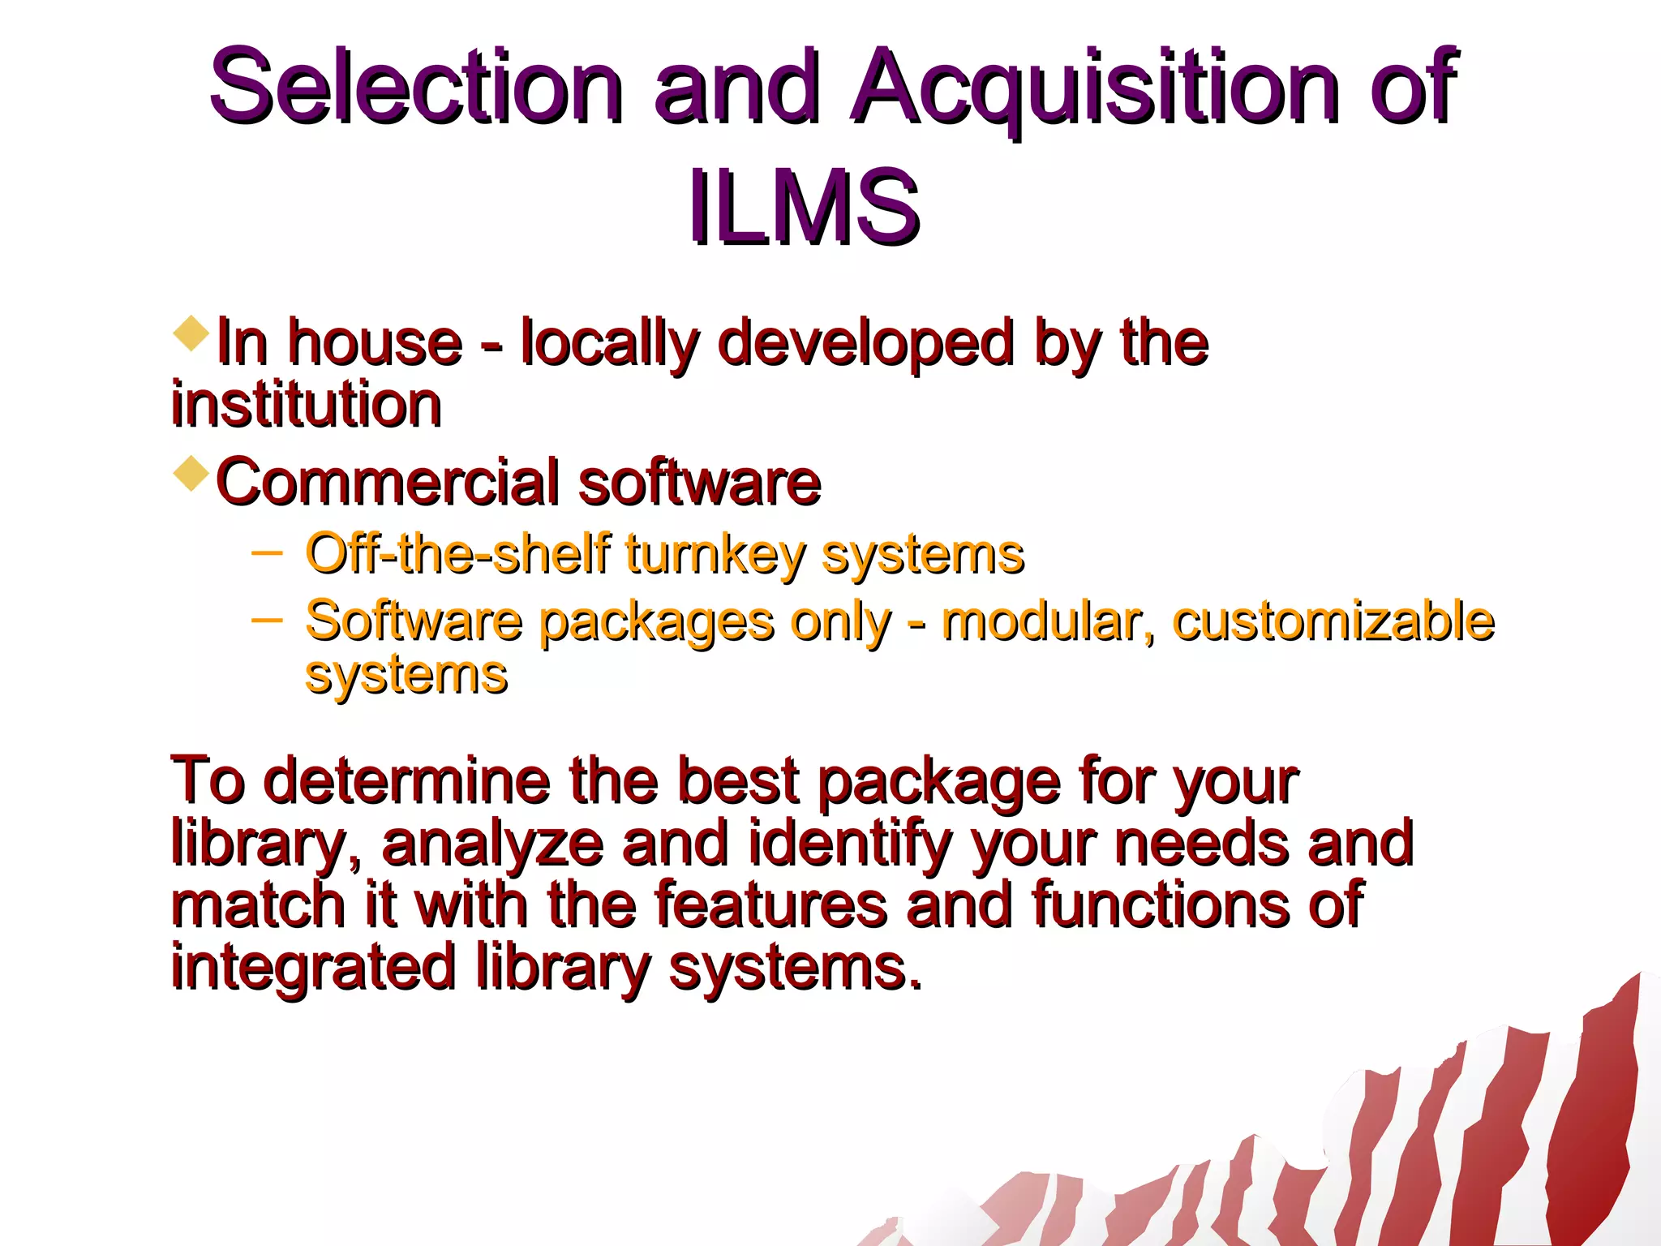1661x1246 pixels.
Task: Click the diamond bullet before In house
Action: click(x=191, y=333)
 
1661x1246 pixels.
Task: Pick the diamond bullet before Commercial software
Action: click(x=191, y=473)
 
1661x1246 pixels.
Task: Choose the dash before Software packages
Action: click(x=267, y=621)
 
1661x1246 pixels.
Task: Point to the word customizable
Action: click(x=1333, y=621)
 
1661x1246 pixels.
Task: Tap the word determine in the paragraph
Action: click(x=406, y=781)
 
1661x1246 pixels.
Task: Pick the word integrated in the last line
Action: click(x=313, y=968)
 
